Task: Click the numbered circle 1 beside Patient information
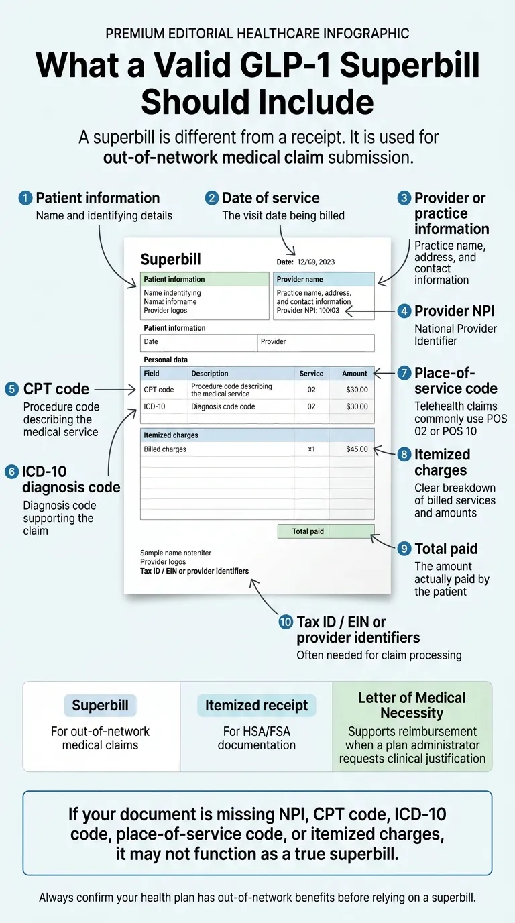26,198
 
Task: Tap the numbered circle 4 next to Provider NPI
404,311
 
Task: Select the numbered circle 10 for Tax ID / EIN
286,622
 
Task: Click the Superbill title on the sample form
170,260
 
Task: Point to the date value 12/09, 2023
316,262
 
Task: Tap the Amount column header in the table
354,374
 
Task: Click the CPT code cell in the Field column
159,390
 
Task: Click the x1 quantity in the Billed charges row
311,449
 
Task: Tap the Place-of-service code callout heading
455,380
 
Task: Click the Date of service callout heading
270,198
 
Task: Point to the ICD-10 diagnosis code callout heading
71,480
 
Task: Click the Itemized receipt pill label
256,706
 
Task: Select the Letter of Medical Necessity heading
412,705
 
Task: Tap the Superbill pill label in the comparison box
100,706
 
